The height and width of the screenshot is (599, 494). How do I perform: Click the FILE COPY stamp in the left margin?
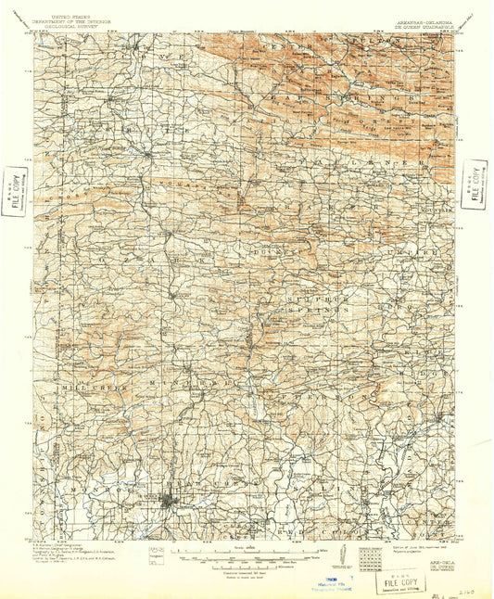[13, 190]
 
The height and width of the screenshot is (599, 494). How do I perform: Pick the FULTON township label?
[422, 41]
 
